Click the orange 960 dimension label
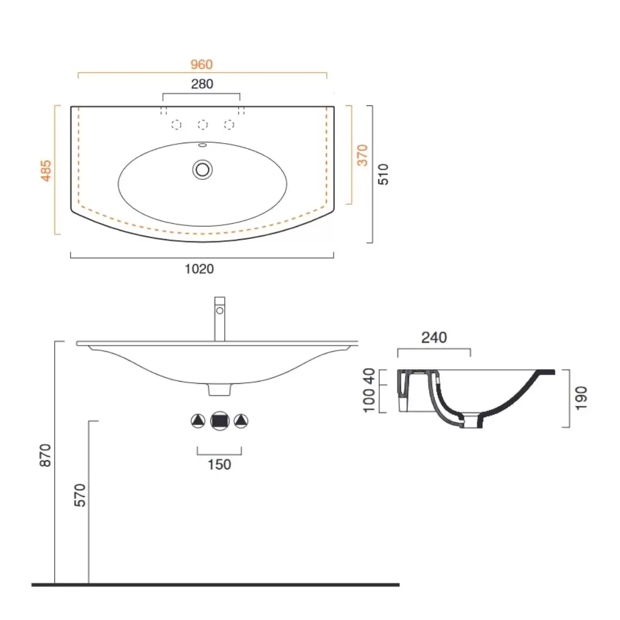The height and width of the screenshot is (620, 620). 202,64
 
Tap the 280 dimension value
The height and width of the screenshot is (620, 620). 202,84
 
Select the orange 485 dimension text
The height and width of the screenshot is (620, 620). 46,170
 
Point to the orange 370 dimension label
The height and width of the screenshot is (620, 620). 362,155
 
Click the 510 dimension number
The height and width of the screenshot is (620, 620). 383,174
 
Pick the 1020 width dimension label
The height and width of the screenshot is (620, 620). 200,269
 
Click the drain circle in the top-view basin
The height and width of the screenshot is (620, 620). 202,170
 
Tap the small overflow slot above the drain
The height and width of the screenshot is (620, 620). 202,145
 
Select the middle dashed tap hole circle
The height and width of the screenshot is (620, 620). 202,125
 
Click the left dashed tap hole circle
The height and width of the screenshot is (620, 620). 176,125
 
